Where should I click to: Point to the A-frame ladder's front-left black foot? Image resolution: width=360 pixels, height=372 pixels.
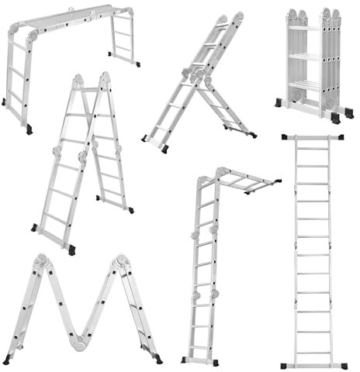pos(35,228)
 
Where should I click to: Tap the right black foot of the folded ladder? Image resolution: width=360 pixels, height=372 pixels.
pos(335,117)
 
